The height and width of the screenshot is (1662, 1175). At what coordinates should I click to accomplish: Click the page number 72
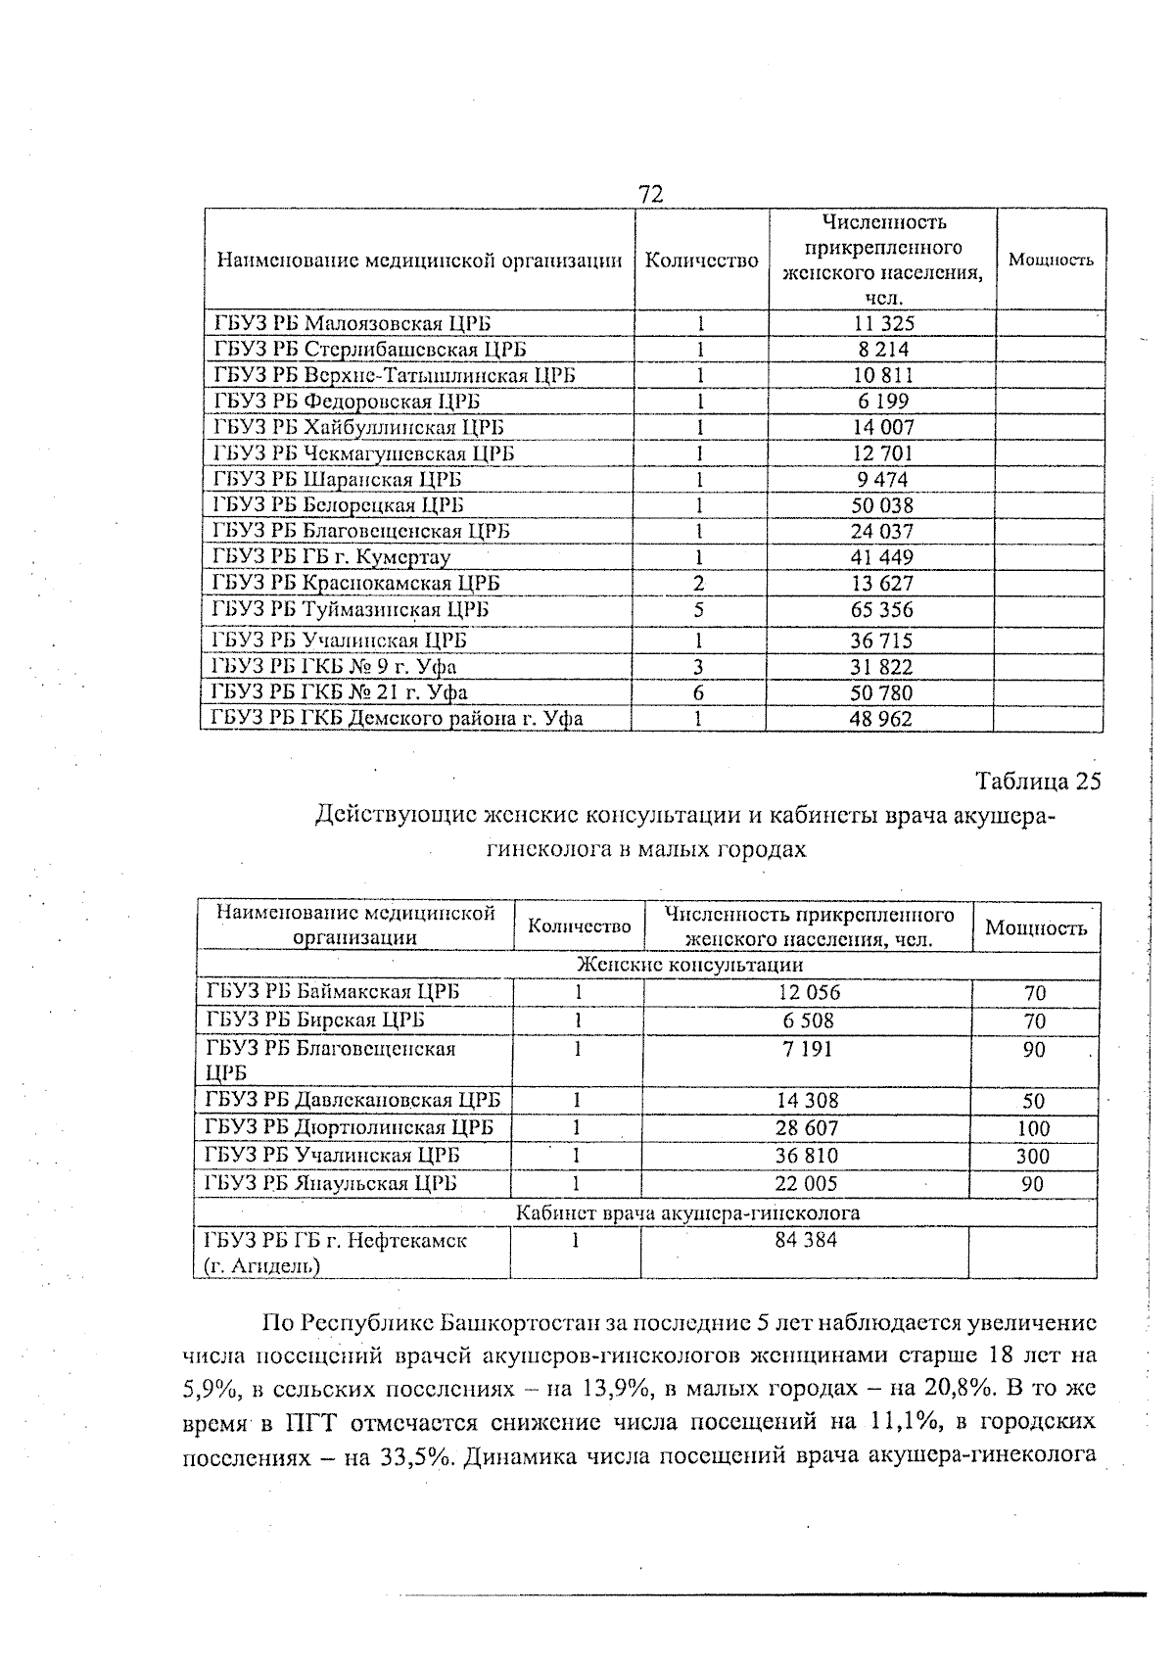click(x=651, y=194)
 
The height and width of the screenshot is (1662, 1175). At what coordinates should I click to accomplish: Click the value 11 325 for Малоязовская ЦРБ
click(x=882, y=323)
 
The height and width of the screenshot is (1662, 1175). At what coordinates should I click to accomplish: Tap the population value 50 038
click(x=882, y=505)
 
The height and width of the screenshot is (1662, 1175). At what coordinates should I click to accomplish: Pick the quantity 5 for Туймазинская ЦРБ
click(x=699, y=609)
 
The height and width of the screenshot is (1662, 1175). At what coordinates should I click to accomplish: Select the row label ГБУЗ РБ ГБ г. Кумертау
click(x=331, y=557)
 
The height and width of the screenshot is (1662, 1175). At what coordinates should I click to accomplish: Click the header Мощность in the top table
click(x=1051, y=261)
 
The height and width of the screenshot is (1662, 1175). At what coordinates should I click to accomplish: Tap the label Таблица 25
click(x=1038, y=782)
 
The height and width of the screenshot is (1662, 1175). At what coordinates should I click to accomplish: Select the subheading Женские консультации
click(x=648, y=965)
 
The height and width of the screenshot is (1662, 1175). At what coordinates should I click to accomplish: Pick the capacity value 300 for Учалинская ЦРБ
click(x=1033, y=1157)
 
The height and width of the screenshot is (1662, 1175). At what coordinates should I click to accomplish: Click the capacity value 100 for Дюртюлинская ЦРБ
click(x=1033, y=1128)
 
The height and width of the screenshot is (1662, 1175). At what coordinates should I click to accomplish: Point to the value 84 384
click(x=806, y=1241)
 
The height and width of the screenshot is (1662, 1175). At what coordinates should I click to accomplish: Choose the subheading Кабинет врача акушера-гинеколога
click(x=687, y=1213)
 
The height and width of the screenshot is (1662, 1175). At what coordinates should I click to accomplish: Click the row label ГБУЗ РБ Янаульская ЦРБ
click(x=331, y=1183)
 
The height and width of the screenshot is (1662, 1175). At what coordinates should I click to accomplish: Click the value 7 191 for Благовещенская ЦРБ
click(x=808, y=1049)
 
